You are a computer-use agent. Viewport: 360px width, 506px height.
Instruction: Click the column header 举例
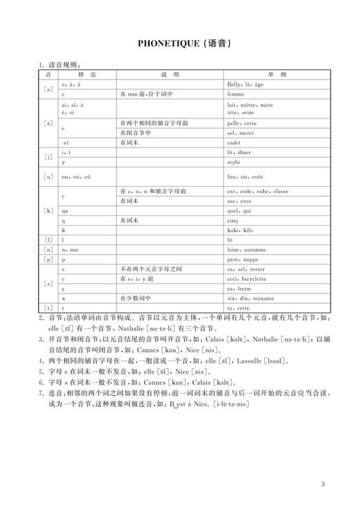point(278,73)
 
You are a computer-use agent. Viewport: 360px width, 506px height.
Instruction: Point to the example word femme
point(236,93)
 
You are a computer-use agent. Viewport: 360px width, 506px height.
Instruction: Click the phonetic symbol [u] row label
point(48,177)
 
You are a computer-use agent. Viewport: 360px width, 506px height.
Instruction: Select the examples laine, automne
point(245,248)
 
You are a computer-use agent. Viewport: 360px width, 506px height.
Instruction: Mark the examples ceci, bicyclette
point(246,278)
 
